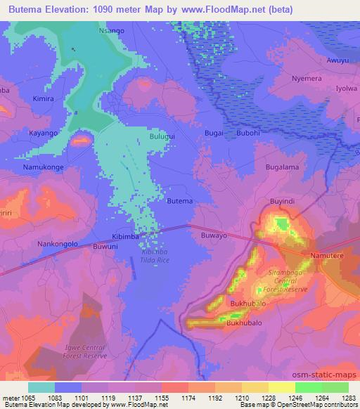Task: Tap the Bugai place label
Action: point(214,133)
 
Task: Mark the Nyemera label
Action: point(307,79)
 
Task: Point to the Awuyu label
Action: point(337,60)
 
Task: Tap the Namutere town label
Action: point(328,256)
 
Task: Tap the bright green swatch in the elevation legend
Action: point(308,387)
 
